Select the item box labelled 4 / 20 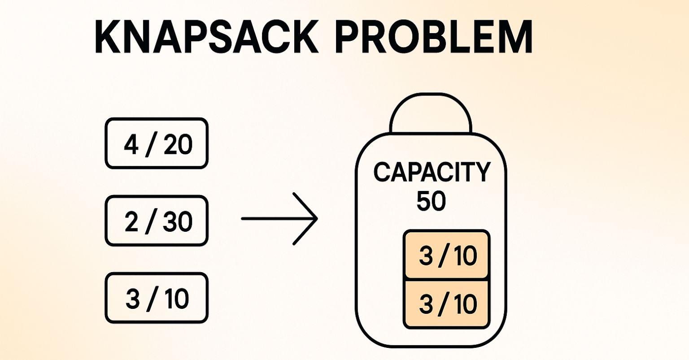tap(157, 143)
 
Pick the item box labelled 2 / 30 tap(157, 221)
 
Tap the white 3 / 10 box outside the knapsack tap(157, 298)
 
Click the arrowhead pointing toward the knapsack tap(310, 219)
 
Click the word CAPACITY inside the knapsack tap(432, 173)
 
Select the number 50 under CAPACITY tap(431, 202)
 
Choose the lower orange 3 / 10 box tap(447, 304)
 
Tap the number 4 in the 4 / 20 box tap(131, 145)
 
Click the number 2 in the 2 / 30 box tap(131, 222)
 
